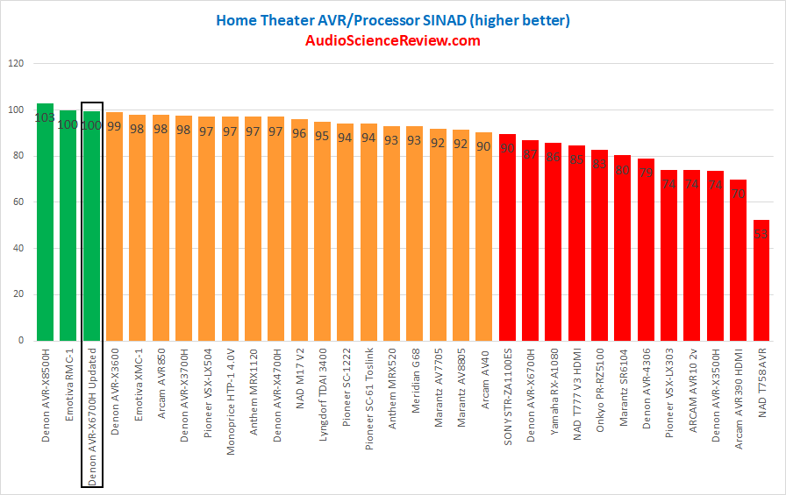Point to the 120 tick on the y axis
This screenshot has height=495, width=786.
[x=17, y=64]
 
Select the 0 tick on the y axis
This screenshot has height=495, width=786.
[x=22, y=341]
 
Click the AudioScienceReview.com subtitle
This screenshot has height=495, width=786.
[x=393, y=41]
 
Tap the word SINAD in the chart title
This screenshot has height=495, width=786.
[x=445, y=18]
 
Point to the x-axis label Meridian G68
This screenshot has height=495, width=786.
[x=415, y=378]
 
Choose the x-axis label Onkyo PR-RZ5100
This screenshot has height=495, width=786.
[x=601, y=386]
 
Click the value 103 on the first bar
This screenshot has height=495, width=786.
[x=45, y=118]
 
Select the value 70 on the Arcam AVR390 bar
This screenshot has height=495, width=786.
[x=739, y=194]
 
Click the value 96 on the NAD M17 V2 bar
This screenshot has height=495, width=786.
[x=299, y=133]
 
